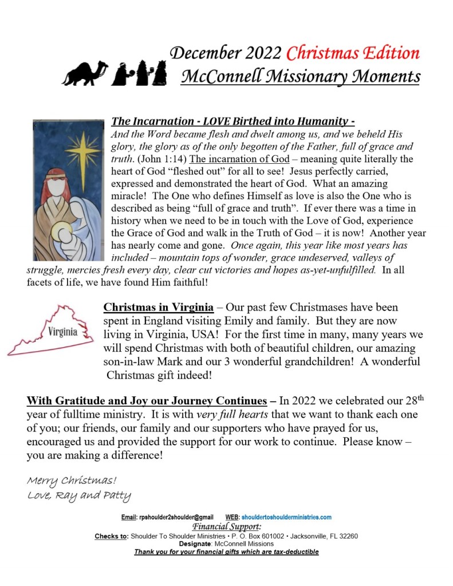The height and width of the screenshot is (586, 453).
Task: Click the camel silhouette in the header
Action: (x=85, y=73)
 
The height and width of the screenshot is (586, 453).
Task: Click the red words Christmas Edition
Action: (x=353, y=53)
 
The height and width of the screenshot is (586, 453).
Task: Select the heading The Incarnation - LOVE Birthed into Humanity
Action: (x=233, y=121)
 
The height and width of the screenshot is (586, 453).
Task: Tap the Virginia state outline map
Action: (x=51, y=331)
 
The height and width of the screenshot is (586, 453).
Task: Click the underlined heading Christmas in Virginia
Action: (x=151, y=308)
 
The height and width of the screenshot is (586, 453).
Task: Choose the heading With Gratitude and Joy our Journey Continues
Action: (x=147, y=400)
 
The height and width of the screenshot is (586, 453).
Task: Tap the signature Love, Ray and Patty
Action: (x=79, y=495)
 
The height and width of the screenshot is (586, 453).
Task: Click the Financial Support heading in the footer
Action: (x=227, y=526)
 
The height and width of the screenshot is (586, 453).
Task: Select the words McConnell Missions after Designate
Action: (x=241, y=544)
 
